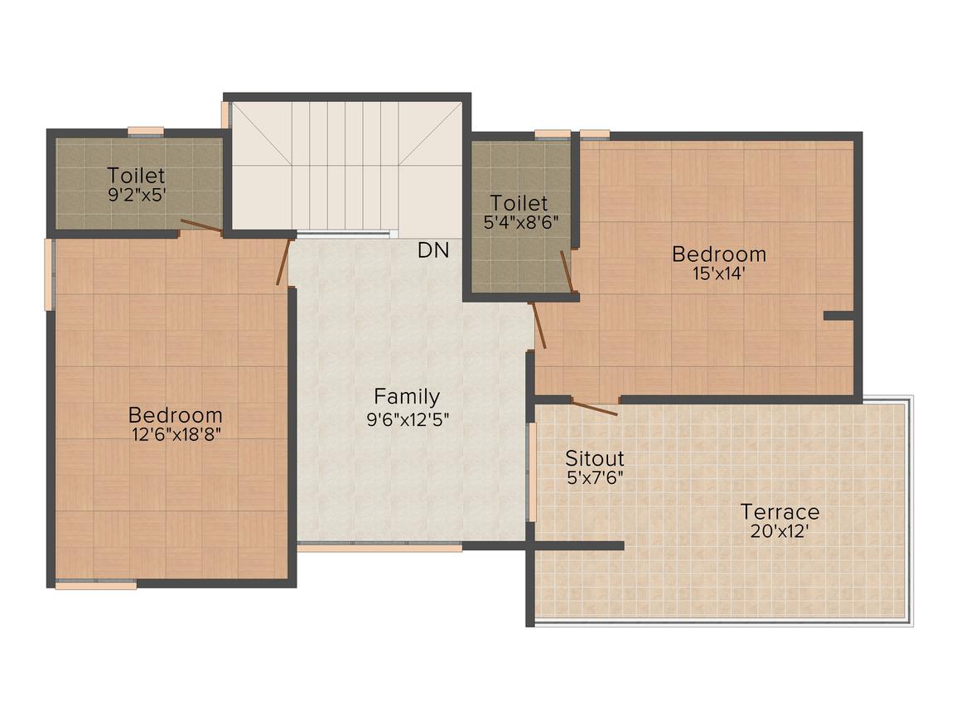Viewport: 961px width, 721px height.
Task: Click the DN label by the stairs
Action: pos(433,250)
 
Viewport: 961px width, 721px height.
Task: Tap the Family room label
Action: pos(406,397)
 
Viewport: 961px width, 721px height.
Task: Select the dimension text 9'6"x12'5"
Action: pos(408,420)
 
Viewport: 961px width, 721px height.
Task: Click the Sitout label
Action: pos(594,458)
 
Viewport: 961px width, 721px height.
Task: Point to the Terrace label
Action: pos(780,511)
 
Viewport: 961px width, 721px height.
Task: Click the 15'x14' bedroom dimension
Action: pos(718,273)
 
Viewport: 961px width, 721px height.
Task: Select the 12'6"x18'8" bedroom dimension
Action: pos(176,435)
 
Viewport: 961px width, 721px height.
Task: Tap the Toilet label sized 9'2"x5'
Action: pos(136,176)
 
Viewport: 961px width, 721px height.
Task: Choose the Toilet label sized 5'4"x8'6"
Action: pos(519,202)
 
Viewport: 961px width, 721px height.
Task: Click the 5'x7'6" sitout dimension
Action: pos(595,477)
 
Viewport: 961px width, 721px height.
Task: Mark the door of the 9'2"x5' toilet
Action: pos(201,226)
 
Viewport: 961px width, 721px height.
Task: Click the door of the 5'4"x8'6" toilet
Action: pos(567,271)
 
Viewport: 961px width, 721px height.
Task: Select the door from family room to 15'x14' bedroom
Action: pos(538,325)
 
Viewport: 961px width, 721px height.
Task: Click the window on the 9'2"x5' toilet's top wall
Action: pos(146,131)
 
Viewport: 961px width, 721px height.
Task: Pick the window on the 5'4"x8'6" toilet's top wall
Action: pos(553,134)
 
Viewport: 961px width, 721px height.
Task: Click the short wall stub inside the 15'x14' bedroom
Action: pos(838,316)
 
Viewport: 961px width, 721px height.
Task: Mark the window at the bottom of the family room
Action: pos(380,547)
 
